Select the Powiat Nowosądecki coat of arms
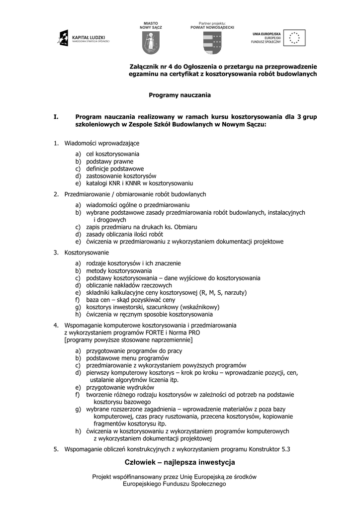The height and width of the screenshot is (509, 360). pos(212,43)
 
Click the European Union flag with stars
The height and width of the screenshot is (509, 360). pos(295,38)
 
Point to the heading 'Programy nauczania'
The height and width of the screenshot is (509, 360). pos(180,94)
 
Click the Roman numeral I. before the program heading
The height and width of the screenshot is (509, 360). pos(56,117)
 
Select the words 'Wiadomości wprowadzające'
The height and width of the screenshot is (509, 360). pos(102,143)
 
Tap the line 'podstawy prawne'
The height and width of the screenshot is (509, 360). pos(110,161)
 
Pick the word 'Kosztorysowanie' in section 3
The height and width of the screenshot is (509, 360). pos(87,253)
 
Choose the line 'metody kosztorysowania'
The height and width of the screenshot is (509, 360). pos(119,270)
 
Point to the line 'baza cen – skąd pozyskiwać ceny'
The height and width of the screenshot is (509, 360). pos(130,300)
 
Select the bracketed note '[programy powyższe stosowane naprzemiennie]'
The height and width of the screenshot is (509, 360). pos(129,340)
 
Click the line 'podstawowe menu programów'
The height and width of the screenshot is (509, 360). pos(127,358)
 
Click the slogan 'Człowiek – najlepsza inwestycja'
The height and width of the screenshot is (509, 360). pos(180,463)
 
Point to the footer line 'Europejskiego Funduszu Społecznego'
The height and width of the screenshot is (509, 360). pos(174,484)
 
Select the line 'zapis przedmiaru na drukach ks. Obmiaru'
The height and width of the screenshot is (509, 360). pos(141,227)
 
